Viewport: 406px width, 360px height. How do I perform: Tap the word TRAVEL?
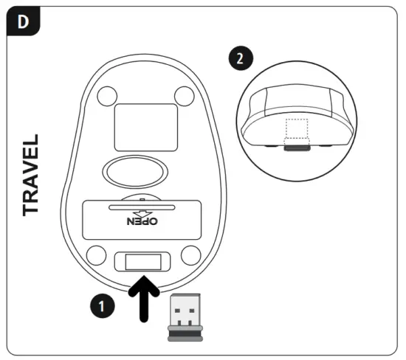pyautogui.click(x=31, y=175)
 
